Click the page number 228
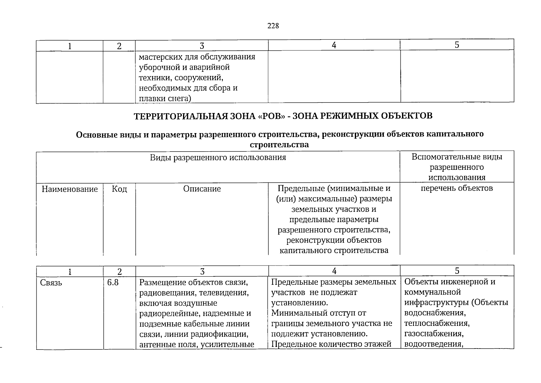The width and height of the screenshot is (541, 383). (273, 26)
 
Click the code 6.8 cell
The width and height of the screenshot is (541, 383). (113, 282)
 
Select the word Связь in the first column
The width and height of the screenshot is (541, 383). (51, 283)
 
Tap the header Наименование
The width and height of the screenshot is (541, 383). (69, 189)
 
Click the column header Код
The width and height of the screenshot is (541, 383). (119, 189)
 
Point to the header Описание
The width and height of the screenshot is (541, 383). (202, 189)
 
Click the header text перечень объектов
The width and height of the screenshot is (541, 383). (457, 188)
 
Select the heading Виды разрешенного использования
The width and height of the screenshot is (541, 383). (218, 157)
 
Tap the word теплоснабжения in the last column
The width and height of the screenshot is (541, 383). (437, 323)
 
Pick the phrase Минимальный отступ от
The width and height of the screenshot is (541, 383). (318, 313)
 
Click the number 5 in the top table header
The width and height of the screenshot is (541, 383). (457, 45)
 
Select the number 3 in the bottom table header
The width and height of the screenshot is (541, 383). (202, 271)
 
